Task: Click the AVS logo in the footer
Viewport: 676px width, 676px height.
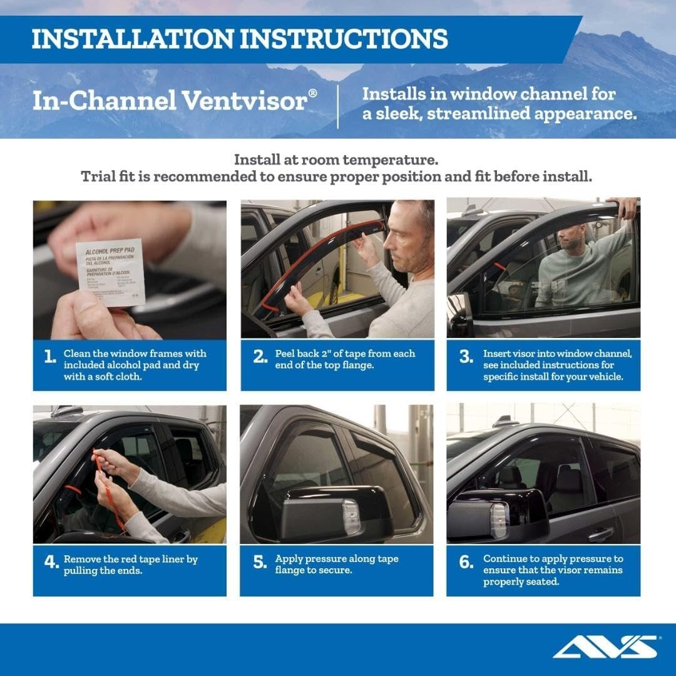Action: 605,647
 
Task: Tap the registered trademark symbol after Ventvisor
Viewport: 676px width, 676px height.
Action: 312,93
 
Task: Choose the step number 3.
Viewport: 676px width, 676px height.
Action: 466,357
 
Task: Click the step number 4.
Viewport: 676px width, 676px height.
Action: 51,562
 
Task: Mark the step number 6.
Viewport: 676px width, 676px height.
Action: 466,562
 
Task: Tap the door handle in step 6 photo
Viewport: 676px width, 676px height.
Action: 601,533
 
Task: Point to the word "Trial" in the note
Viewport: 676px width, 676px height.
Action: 99,177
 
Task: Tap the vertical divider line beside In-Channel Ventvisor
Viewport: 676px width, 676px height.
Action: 338,106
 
